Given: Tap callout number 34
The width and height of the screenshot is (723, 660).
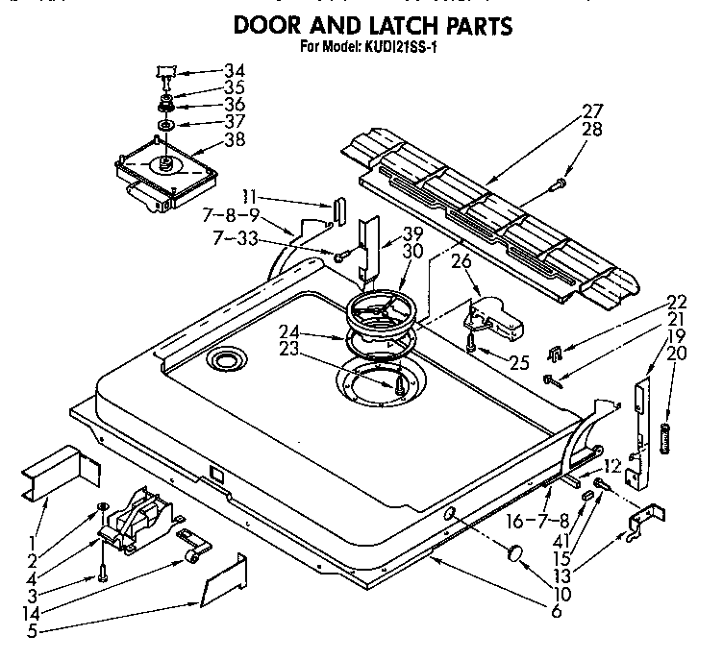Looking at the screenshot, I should coord(234,70).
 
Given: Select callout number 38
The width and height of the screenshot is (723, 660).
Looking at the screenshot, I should coord(234,138).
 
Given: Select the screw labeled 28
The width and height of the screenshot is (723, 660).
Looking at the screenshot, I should coord(560,183).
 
